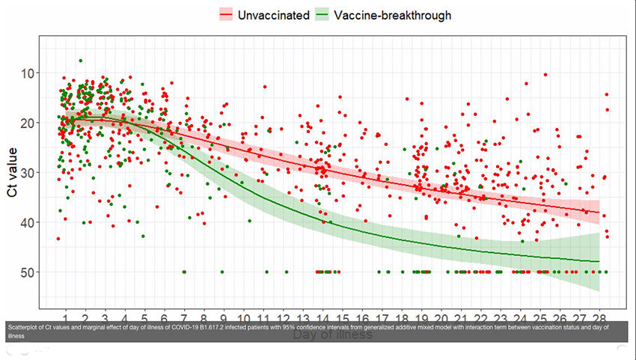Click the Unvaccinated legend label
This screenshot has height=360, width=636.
(273, 15)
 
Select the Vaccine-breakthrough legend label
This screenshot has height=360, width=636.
(393, 15)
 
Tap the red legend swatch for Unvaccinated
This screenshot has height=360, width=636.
(226, 15)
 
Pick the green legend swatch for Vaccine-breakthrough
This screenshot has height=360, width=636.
(322, 15)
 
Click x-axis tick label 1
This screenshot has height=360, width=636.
(66, 317)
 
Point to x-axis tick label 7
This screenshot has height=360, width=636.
(184, 317)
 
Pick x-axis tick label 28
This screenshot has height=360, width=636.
(602, 317)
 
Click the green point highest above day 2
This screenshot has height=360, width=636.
(80, 61)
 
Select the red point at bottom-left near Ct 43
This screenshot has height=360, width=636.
(58, 239)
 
